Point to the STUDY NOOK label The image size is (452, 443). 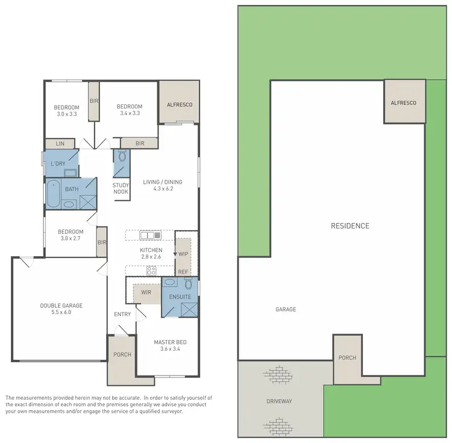(x=121, y=189)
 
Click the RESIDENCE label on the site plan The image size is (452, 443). (x=350, y=226)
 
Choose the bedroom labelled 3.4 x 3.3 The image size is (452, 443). (x=130, y=110)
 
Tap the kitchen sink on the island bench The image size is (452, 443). (x=148, y=235)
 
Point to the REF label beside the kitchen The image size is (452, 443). (x=183, y=272)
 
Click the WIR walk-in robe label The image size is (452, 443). (x=145, y=292)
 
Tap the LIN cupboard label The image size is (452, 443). (x=60, y=143)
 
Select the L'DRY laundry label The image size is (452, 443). (x=58, y=163)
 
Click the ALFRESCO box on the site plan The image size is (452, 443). (x=404, y=103)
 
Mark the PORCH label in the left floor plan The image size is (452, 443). (x=122, y=354)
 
